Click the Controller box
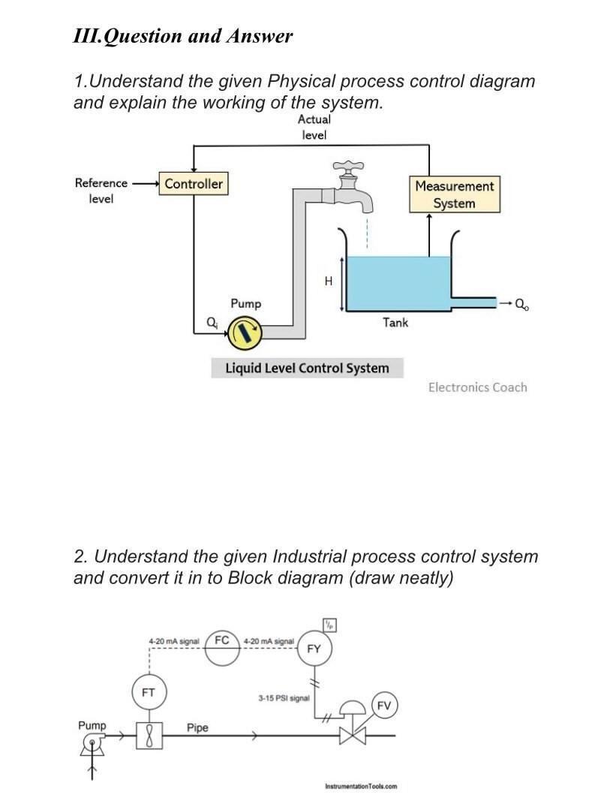194,183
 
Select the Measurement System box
454,194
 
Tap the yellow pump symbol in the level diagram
245,331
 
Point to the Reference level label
101,191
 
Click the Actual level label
314,127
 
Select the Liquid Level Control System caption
307,368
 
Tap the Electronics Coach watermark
477,387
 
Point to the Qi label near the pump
212,322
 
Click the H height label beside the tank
328,282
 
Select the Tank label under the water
395,322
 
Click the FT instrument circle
149,693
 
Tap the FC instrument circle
222,645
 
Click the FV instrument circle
383,705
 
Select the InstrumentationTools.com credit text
361,786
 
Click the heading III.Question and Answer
183,36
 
